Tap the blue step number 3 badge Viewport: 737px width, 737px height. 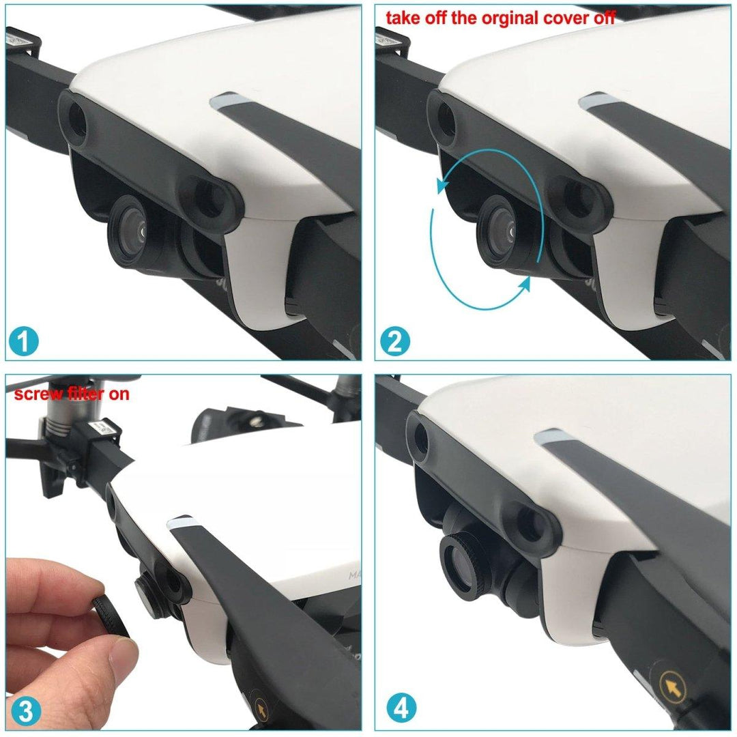pyautogui.click(x=25, y=710)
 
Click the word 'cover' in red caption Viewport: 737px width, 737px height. pyautogui.click(x=563, y=18)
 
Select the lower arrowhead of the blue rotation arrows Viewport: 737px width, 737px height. pyautogui.click(x=525, y=287)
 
